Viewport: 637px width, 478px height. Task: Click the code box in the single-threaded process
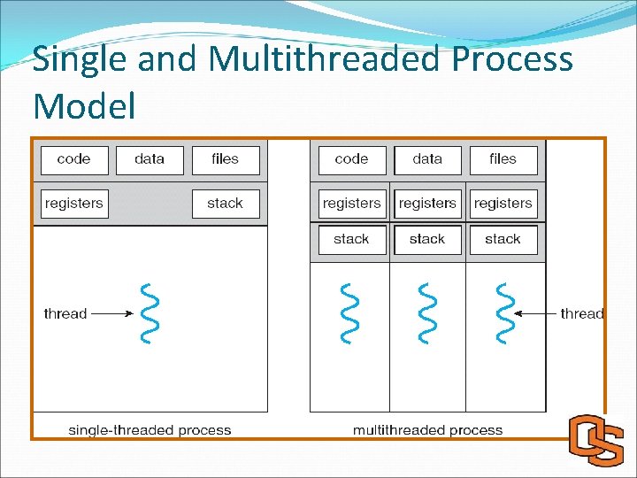tap(73, 159)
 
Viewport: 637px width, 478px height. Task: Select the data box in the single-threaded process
tap(150, 159)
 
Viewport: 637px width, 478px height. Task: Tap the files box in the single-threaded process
tap(226, 159)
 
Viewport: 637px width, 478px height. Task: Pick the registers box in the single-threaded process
tap(73, 204)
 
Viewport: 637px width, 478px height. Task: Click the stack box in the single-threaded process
tap(226, 204)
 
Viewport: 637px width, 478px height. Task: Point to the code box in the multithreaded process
tap(351, 159)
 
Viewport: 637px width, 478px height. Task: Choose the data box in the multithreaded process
tap(427, 159)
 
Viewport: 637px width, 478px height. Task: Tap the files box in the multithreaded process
tap(503, 159)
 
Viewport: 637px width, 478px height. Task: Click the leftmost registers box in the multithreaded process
tap(351, 204)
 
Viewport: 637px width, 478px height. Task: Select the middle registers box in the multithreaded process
tap(427, 204)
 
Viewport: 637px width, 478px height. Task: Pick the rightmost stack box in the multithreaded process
tap(503, 239)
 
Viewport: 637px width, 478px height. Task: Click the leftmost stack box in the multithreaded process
tap(351, 239)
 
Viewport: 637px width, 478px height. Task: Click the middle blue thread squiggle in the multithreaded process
tap(427, 313)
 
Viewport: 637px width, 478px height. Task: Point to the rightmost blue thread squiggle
tap(503, 313)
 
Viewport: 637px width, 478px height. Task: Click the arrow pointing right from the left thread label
tap(111, 313)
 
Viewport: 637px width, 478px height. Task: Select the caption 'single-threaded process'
tap(150, 430)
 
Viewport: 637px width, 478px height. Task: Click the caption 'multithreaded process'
tap(427, 430)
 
